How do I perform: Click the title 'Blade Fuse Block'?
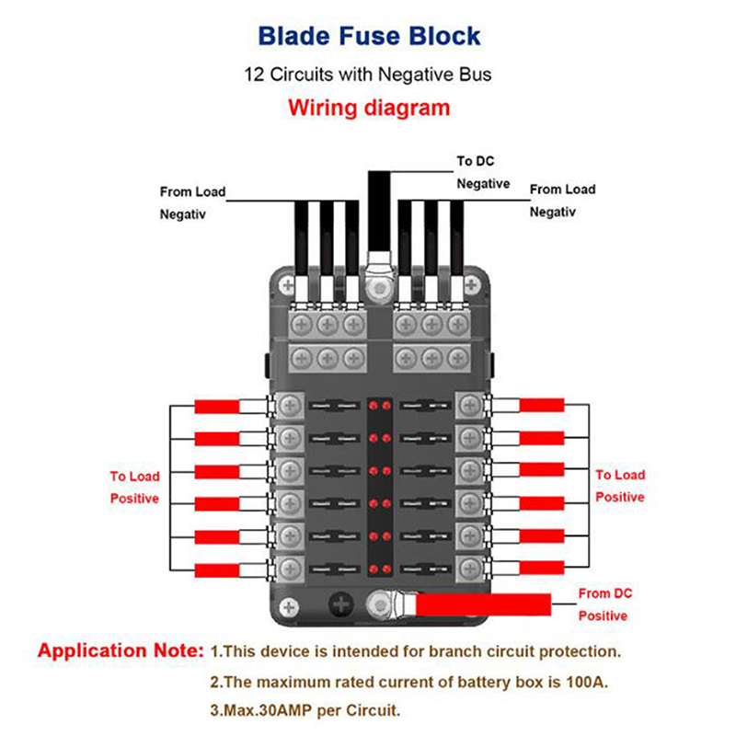tap(369, 36)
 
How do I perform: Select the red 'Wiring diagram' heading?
tap(369, 107)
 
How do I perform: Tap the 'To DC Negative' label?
tap(483, 172)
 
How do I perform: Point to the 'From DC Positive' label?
tap(604, 604)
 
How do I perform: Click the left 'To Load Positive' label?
tap(134, 487)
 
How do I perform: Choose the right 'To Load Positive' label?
tap(619, 486)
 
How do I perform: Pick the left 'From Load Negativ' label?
tap(191, 202)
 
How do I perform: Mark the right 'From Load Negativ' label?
tap(562, 200)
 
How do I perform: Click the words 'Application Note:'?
tap(121, 650)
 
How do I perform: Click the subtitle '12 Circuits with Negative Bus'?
tap(368, 74)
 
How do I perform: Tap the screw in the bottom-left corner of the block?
tap(290, 606)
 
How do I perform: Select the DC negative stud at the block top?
tap(376, 289)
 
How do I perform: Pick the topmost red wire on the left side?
tap(217, 407)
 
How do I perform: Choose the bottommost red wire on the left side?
tap(217, 567)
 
